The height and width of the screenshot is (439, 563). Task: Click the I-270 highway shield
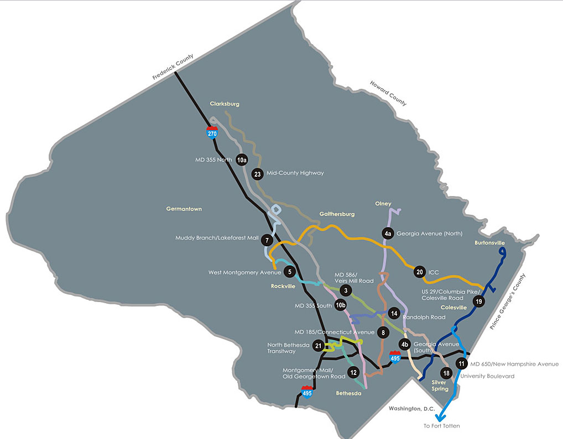[212, 132]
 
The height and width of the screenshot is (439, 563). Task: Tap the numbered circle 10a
[241, 160]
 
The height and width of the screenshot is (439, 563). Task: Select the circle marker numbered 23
[257, 174]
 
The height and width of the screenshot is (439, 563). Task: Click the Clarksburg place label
[224, 103]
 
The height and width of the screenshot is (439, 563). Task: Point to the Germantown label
[184, 209]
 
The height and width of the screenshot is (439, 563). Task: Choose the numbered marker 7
[267, 240]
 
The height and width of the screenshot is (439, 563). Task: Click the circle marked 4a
[388, 234]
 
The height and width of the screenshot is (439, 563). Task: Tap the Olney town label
[383, 204]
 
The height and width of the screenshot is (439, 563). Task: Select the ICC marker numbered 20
[420, 272]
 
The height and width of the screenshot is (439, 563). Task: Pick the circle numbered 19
[479, 302]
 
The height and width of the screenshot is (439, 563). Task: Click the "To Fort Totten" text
[441, 426]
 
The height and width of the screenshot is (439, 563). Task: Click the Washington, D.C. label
[409, 409]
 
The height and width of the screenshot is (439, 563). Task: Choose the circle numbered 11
[461, 363]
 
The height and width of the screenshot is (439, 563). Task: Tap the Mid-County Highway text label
[295, 173]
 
